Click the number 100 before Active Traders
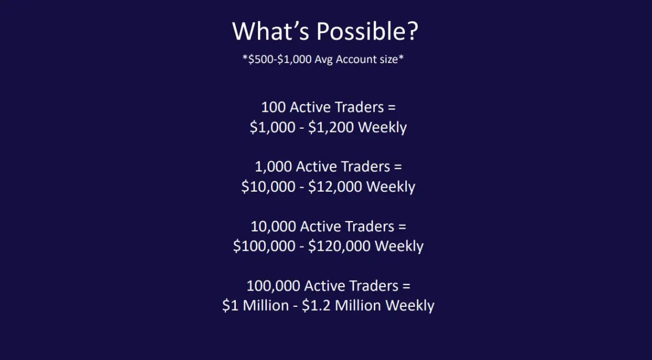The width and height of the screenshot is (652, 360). [x=273, y=107]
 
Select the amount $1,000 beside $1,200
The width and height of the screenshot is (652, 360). [x=272, y=128]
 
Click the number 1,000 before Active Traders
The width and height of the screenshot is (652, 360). [x=273, y=167]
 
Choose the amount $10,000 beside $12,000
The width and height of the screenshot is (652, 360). [x=268, y=187]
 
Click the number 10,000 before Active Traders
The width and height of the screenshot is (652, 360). [x=273, y=226]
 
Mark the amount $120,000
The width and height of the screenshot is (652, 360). [x=340, y=246]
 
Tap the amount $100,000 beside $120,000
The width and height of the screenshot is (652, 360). [x=264, y=246]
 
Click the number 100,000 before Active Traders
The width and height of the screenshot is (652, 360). [x=273, y=286]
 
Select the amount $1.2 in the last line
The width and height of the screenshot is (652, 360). [x=316, y=306]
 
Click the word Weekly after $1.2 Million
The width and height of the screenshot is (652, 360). [x=410, y=306]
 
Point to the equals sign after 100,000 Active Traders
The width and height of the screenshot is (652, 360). [x=406, y=286]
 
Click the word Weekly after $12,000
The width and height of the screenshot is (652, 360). [x=391, y=187]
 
